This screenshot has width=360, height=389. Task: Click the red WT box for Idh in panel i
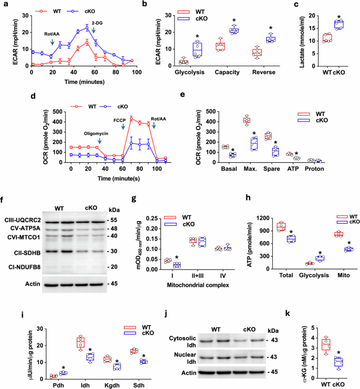[x=80, y=343]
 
